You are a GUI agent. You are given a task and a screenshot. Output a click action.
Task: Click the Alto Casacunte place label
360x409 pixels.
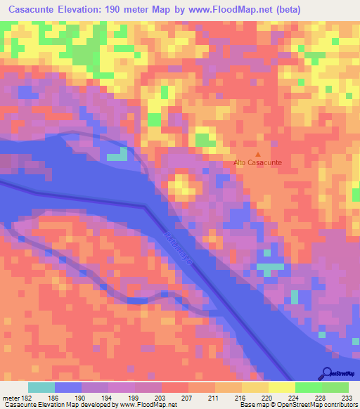(258, 163)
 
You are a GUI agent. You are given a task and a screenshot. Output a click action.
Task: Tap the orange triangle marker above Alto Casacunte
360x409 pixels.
(258, 155)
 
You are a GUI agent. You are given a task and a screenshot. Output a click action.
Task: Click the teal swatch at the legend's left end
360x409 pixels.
(41, 387)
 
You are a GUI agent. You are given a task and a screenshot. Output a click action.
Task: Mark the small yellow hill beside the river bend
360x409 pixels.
(183, 186)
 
